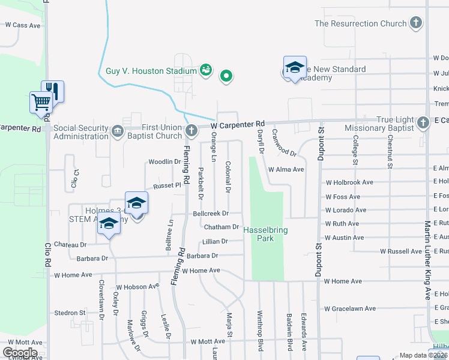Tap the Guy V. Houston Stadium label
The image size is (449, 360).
tap(151, 71)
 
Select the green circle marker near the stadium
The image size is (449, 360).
tap(226, 76)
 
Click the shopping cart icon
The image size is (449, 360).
tap(40, 101)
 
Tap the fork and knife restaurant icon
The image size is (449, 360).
tap(53, 91)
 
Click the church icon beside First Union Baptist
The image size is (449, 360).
tap(191, 130)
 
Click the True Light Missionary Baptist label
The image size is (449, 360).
tap(379, 124)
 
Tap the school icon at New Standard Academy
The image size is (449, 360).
tap(295, 68)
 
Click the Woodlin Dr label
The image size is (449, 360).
tap(164, 162)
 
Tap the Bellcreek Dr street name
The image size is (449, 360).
tap(211, 213)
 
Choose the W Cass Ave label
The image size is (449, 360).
tap(23, 25)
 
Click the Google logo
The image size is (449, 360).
tap(20, 353)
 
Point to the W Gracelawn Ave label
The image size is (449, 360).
tap(351, 309)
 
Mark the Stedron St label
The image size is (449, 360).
tap(70, 313)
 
